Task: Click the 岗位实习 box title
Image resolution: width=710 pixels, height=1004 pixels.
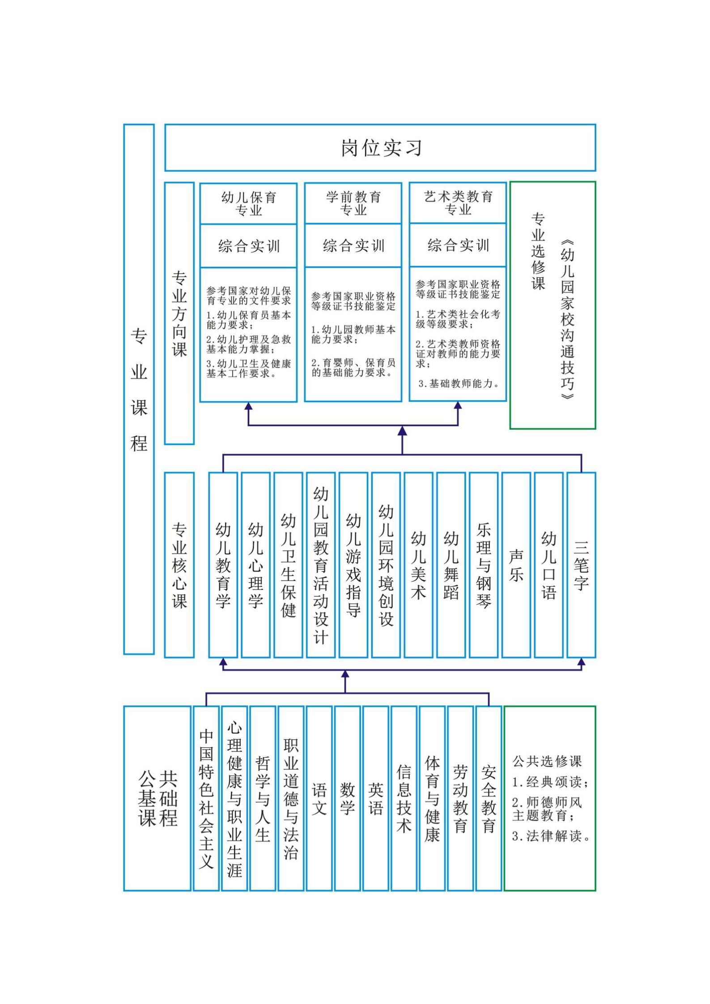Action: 382,148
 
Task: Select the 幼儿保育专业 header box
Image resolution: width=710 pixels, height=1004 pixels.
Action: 248,203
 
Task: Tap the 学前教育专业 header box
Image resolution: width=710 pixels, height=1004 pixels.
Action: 353,203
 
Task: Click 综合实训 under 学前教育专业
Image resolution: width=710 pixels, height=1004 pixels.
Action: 353,246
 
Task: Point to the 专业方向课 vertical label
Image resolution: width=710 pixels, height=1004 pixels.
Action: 179,313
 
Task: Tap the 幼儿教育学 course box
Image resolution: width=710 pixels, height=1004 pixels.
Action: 223,565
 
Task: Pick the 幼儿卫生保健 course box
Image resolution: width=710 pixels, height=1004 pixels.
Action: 288,565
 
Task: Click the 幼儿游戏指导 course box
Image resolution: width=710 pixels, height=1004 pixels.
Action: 353,565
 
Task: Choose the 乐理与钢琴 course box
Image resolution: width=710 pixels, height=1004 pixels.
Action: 484,565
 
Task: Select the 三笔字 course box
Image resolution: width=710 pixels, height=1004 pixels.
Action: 581,565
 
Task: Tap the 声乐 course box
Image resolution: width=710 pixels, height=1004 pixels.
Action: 516,565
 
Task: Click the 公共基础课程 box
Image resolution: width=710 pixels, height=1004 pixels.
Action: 157,798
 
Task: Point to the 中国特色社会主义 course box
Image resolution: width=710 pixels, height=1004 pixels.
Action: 206,798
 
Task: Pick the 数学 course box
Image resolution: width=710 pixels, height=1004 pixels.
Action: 347,798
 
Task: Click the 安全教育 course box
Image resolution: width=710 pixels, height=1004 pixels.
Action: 489,798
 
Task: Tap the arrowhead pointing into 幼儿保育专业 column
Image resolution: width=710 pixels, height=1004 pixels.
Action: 248,406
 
